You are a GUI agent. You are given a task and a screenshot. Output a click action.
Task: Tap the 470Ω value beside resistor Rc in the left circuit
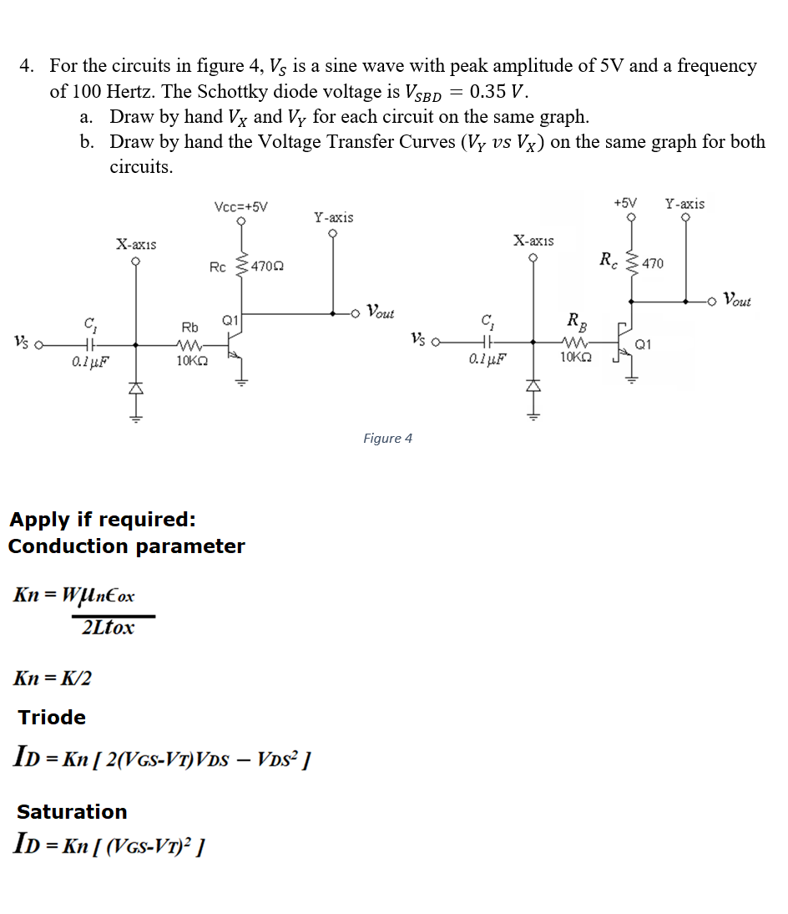coord(267,267)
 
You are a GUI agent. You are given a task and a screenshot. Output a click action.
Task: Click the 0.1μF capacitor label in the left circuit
coord(90,362)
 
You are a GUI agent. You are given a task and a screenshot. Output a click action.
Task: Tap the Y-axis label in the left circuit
coord(333,217)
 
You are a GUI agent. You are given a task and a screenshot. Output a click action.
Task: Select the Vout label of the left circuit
coord(381,313)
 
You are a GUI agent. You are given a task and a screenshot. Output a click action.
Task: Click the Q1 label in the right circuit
coord(644,343)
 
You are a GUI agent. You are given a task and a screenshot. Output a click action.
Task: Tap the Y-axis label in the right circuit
coord(684,204)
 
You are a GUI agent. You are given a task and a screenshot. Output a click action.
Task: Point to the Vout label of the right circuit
coord(737,299)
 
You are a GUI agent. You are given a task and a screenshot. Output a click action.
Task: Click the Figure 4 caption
coord(387,439)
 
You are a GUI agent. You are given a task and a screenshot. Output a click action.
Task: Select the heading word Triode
coord(52,717)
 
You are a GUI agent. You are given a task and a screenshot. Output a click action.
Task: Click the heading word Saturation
coord(72,811)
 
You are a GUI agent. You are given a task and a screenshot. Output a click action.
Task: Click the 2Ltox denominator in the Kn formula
coord(108,627)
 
